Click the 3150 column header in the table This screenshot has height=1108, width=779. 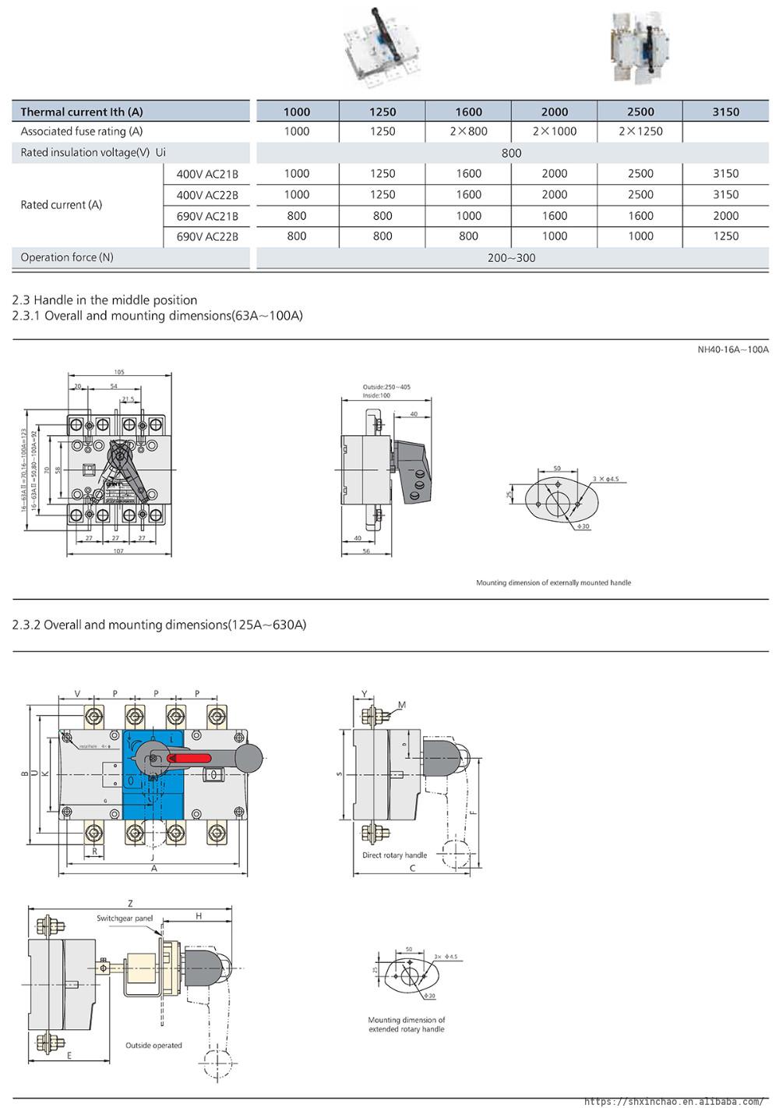[x=725, y=112]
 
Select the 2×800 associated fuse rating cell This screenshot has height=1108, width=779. [x=468, y=132]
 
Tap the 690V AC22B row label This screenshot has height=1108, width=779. [x=207, y=236]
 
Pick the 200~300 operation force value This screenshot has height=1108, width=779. [x=512, y=258]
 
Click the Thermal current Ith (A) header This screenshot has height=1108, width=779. [x=82, y=112]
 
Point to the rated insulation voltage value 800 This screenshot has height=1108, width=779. [x=512, y=153]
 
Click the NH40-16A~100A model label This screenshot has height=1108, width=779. [x=732, y=350]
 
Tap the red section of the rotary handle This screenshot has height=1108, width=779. [x=189, y=758]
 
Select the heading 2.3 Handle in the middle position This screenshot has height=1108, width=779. [x=105, y=300]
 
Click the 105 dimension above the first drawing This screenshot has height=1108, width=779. [x=119, y=373]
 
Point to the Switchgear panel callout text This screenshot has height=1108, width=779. [x=125, y=919]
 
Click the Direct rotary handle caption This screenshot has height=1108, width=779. [x=394, y=855]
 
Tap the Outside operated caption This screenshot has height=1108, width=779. [x=153, y=1046]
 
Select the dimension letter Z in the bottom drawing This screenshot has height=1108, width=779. [x=130, y=904]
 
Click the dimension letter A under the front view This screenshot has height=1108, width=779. [x=153, y=869]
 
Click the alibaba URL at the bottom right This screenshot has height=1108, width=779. [x=673, y=1101]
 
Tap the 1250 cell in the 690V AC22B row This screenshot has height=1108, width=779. [x=725, y=236]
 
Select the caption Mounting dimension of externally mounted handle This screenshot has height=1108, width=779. [x=553, y=582]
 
